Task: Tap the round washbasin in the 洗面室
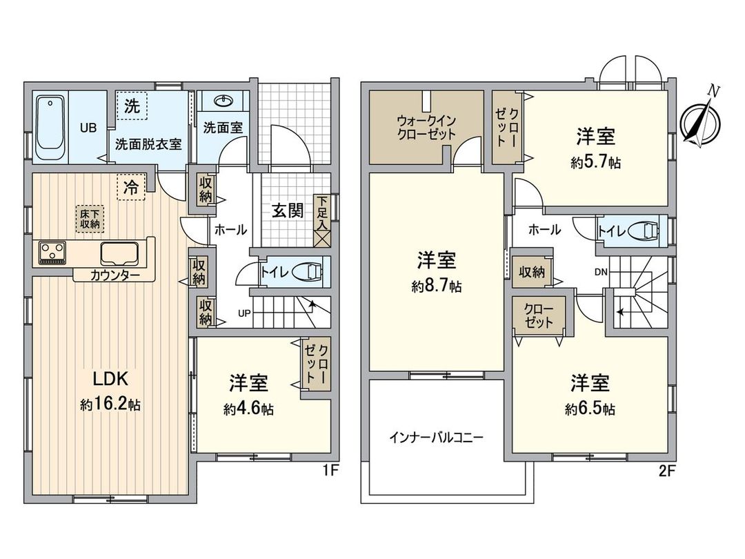(223, 102)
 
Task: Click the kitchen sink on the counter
(121, 253)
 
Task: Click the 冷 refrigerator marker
(130, 186)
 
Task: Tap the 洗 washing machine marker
(131, 107)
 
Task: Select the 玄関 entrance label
(287, 210)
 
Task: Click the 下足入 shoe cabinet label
(321, 211)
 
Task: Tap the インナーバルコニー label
(436, 437)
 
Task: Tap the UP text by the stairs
(244, 313)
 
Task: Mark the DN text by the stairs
(601, 272)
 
